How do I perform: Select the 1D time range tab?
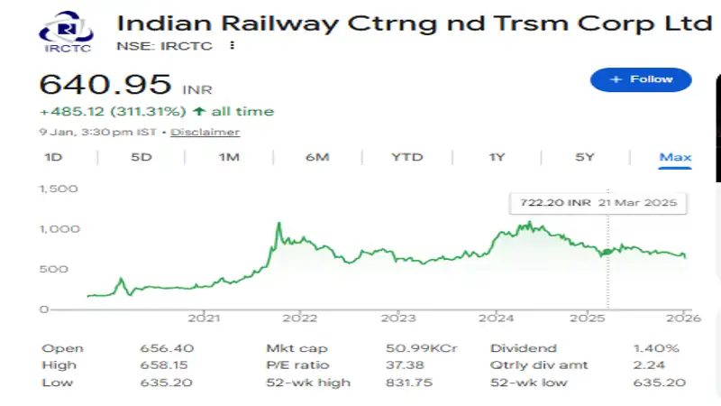pyautogui.click(x=53, y=157)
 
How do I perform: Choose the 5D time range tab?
pyautogui.click(x=141, y=157)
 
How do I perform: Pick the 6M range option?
pyautogui.click(x=317, y=157)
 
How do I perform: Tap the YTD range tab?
pyautogui.click(x=406, y=157)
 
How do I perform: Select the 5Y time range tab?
pyautogui.click(x=585, y=157)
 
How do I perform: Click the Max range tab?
pyautogui.click(x=675, y=157)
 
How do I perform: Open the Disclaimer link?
pyautogui.click(x=205, y=132)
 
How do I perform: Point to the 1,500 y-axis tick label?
pyautogui.click(x=58, y=189)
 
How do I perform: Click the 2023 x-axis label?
pyautogui.click(x=397, y=318)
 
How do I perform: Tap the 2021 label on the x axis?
pyautogui.click(x=205, y=318)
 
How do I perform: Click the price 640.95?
pyautogui.click(x=105, y=86)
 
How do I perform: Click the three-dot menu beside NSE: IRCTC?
pyautogui.click(x=233, y=45)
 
